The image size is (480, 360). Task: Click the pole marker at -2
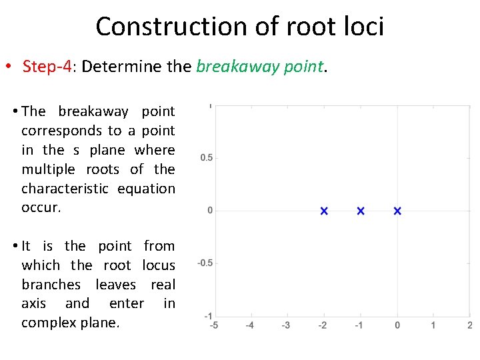tap(324, 211)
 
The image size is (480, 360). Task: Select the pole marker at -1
tap(361, 211)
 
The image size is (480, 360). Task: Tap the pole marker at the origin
tap(397, 211)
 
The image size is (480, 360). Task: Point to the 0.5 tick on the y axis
tap(207, 158)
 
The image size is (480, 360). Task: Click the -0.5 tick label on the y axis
tap(205, 263)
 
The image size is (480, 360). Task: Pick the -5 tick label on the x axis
tap(213, 325)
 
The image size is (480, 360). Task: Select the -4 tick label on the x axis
tap(249, 325)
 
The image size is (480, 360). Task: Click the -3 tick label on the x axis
tap(286, 325)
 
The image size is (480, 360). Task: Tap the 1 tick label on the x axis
tap(434, 325)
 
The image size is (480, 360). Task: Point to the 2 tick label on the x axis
tap(470, 325)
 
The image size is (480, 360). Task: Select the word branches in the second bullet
tap(51, 285)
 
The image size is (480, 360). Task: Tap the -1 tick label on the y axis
tap(209, 315)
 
